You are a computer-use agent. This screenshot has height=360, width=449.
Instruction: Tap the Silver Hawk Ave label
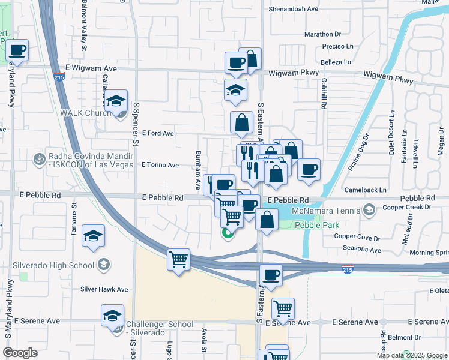[x=104, y=289]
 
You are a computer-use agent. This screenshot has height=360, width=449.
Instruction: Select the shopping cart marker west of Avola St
[x=178, y=260]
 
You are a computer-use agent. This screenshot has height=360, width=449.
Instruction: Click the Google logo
[x=20, y=353]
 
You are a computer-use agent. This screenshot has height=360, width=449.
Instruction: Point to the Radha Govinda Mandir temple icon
[x=41, y=159]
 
